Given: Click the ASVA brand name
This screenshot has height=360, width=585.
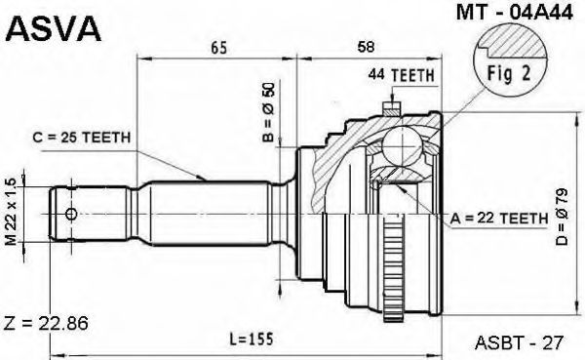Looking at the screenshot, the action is pos(53,28).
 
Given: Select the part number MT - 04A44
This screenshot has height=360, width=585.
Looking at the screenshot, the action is pos(515,13).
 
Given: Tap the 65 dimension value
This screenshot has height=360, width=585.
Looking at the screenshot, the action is pos(218,48).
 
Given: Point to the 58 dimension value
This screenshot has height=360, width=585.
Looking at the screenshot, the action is pos(366,47).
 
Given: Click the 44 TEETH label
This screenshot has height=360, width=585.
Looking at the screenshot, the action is pos(402,75).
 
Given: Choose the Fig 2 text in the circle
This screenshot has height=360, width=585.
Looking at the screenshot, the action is pos(509,73).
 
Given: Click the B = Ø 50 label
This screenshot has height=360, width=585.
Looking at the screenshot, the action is pos(268,111).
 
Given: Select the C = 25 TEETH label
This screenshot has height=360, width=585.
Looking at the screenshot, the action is pos(82,138).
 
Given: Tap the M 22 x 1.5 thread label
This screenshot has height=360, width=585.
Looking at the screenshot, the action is pos(12,212).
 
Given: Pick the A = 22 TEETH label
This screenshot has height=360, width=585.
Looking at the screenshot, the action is pos(499,219).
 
